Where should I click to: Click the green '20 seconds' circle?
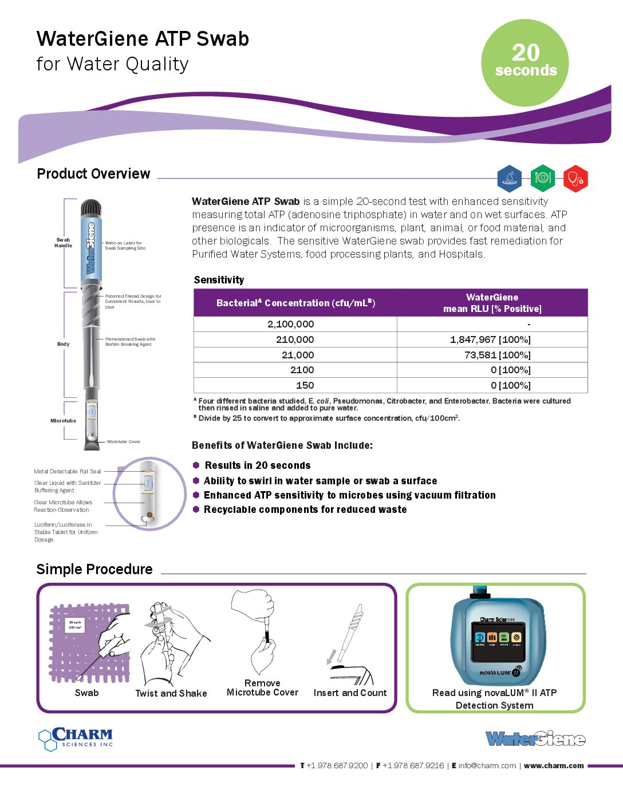point(525,62)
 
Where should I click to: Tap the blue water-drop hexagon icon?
point(509,178)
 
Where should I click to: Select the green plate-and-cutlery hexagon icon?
point(542,178)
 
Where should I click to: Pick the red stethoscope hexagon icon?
point(575,178)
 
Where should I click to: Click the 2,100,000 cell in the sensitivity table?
point(291,324)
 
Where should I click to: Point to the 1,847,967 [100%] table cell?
point(490,339)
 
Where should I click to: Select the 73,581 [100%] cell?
point(497,355)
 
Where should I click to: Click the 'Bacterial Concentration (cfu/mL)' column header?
point(295,303)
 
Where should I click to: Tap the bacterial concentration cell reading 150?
point(305,385)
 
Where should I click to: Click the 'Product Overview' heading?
point(93,174)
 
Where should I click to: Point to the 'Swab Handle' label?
point(63,243)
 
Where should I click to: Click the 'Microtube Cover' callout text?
point(123,441)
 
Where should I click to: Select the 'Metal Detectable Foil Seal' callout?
point(67,472)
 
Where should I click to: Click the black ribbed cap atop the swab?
point(90,207)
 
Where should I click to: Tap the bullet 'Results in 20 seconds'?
point(258,465)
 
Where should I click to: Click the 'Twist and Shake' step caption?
point(171,693)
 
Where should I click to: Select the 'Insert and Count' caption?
point(350,693)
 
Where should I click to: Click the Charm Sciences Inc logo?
point(76,738)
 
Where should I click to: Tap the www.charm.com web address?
point(554,765)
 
